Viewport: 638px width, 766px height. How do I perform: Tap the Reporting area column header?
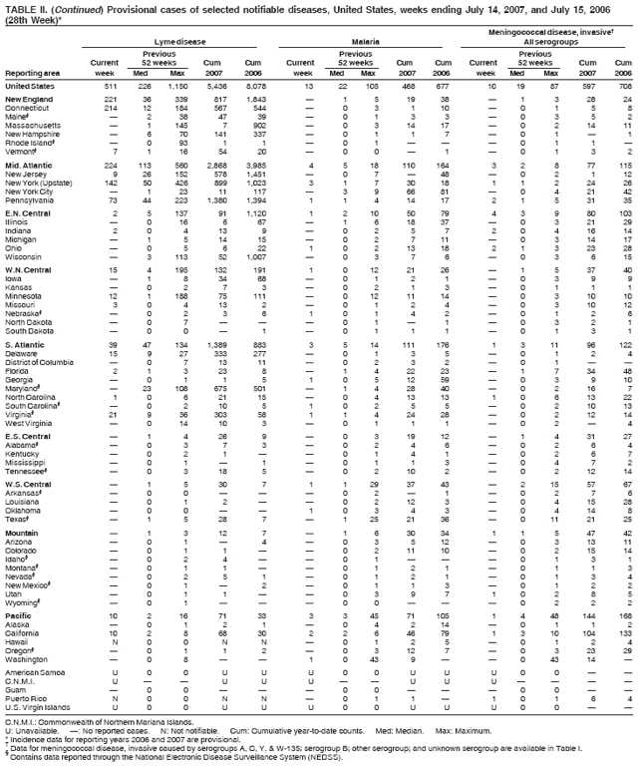[33, 73]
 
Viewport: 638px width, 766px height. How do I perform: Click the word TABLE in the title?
[21, 7]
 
